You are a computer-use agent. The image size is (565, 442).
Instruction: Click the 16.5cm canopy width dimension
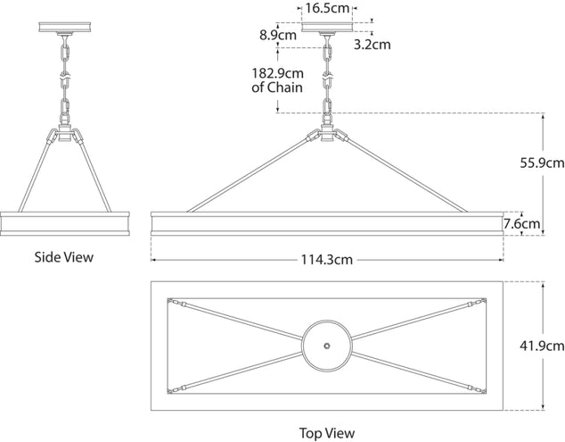coord(327,8)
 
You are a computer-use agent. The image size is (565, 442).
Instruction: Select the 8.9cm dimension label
coord(278,35)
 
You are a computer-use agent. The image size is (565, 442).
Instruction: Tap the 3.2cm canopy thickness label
coord(373,45)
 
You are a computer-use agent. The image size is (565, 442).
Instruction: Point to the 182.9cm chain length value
coord(277,73)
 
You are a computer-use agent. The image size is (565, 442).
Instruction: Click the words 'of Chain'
coord(277,88)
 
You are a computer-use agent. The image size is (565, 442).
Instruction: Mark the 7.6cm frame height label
coord(521,224)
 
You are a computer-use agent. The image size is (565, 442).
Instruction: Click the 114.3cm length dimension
coord(327,260)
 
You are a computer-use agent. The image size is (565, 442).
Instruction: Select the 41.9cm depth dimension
coord(542,346)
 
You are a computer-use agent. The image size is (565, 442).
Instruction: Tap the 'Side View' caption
coord(64,257)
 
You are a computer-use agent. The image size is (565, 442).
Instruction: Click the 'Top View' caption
coord(327,433)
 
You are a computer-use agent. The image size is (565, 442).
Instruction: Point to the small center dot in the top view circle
coord(327,346)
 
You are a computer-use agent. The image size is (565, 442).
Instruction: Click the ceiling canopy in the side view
coord(65,27)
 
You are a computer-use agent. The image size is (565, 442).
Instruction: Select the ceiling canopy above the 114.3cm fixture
coord(327,27)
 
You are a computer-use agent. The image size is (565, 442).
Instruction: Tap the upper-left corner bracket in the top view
coord(170,301)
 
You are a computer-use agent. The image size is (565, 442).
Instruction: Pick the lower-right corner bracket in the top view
coord(483,390)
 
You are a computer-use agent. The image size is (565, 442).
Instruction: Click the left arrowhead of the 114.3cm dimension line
coord(153,260)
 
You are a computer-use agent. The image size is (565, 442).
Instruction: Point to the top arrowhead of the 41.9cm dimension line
coord(543,284)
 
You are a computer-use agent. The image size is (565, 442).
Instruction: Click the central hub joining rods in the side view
coord(65,132)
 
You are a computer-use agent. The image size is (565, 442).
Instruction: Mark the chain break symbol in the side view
coord(65,76)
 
